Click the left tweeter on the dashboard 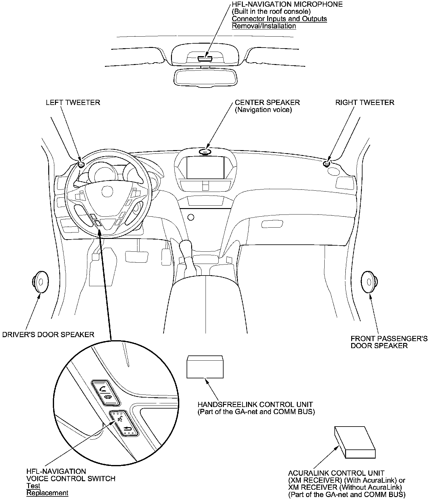coord(81,165)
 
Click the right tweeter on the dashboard coord(326,164)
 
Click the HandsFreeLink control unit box coord(205,367)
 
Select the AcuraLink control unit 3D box coord(355,442)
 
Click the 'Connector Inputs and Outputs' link coord(279,19)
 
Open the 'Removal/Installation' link coord(264,26)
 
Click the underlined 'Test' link coord(33,486)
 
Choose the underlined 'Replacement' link coord(47,493)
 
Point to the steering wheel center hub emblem coord(107,192)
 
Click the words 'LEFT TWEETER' coord(73,102)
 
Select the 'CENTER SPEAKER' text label coord(267,102)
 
